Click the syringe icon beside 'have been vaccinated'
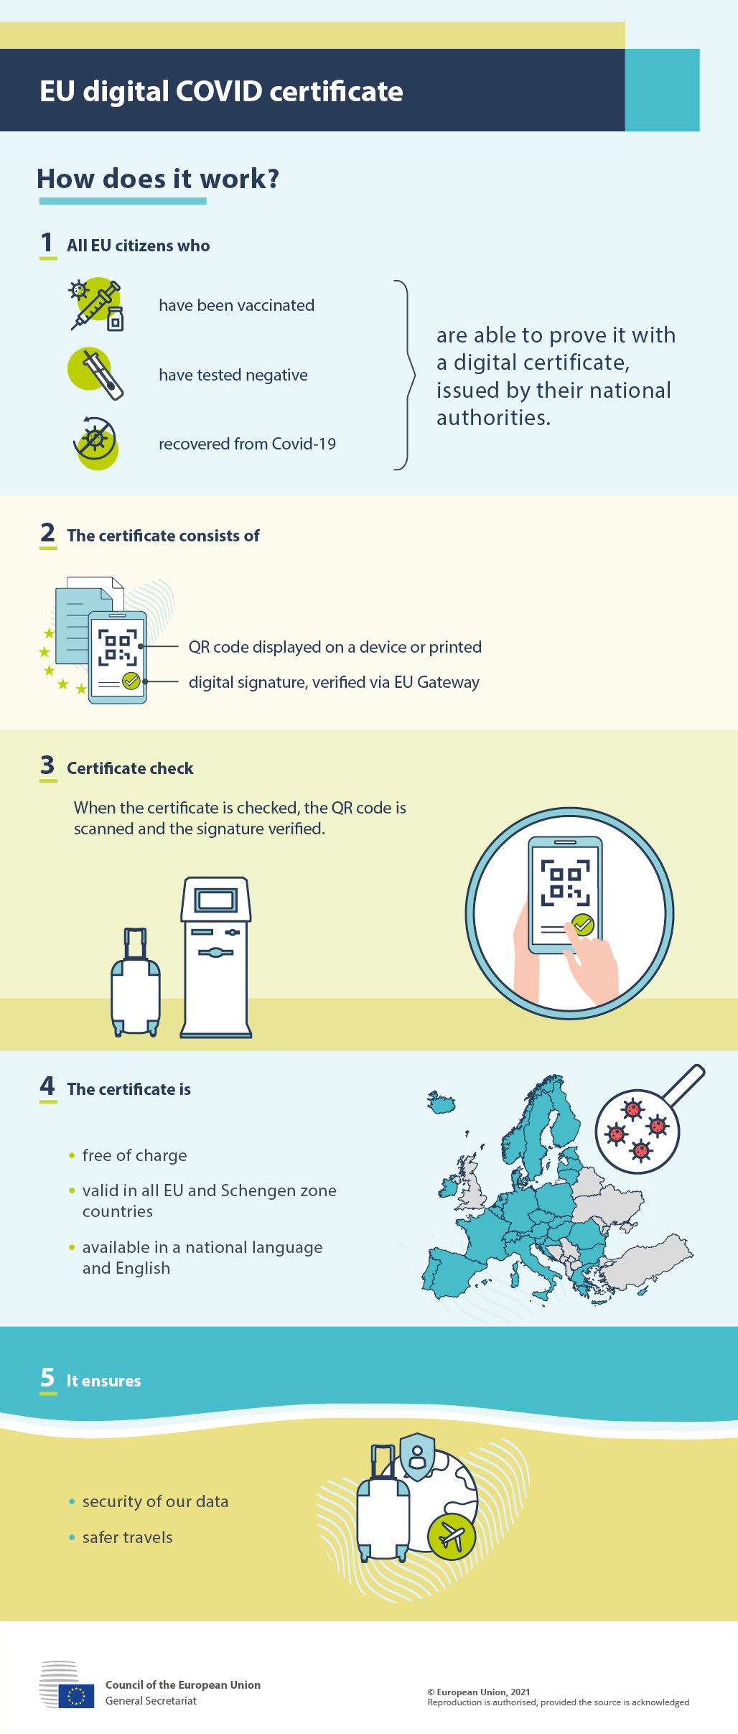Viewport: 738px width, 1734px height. [96, 306]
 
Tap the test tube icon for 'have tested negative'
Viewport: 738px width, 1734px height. [96, 373]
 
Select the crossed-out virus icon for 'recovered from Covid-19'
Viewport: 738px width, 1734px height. [95, 443]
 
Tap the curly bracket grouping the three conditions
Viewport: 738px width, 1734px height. [406, 375]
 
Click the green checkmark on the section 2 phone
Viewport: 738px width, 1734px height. [131, 681]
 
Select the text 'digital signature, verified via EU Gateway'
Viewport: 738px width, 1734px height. [334, 682]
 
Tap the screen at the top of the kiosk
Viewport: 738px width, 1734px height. [215, 900]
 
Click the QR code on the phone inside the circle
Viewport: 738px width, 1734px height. [566, 882]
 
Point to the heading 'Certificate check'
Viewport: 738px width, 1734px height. [130, 768]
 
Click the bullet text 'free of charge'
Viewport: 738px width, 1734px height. [134, 1155]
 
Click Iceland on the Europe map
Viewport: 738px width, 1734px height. [442, 1102]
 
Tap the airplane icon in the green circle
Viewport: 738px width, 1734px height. [452, 1537]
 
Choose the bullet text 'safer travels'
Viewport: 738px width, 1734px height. [127, 1537]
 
